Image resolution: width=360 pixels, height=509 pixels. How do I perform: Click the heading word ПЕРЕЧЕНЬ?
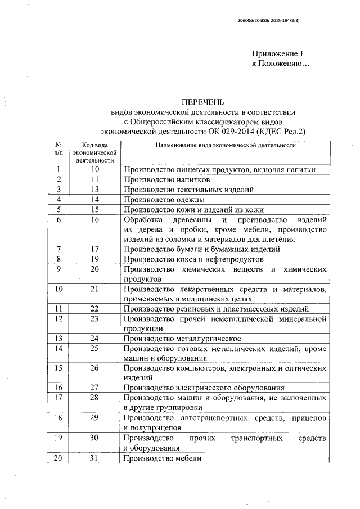pos(202,102)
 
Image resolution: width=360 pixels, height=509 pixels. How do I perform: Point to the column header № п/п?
pos(58,148)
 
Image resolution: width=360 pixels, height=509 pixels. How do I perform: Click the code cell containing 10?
pos(94,169)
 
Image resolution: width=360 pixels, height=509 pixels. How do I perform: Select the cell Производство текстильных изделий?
pos(189,190)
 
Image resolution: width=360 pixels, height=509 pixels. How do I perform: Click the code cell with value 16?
pos(94,219)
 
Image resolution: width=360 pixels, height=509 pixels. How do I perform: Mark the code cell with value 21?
pos(94,289)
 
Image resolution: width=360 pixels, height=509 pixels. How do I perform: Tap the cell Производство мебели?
pos(163,458)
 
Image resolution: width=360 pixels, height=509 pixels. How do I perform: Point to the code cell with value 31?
pos(94,458)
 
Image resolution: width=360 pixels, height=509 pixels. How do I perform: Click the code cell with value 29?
pos(94,418)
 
